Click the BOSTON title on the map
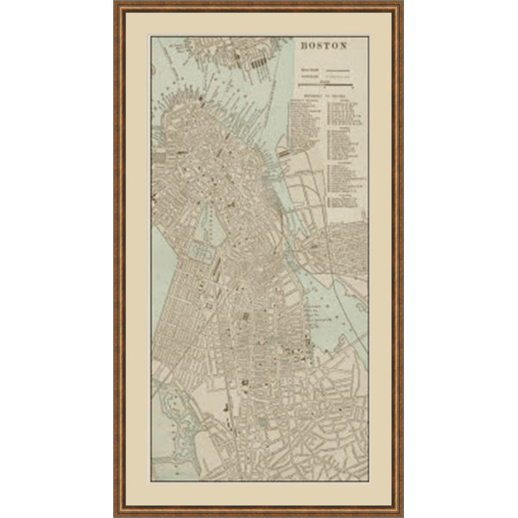tap(324, 46)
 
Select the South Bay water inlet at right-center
tap(324, 319)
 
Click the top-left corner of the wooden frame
tap(116, 4)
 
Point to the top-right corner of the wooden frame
tap(401, 4)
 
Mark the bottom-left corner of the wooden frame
tap(116, 514)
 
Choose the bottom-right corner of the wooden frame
tap(401, 514)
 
